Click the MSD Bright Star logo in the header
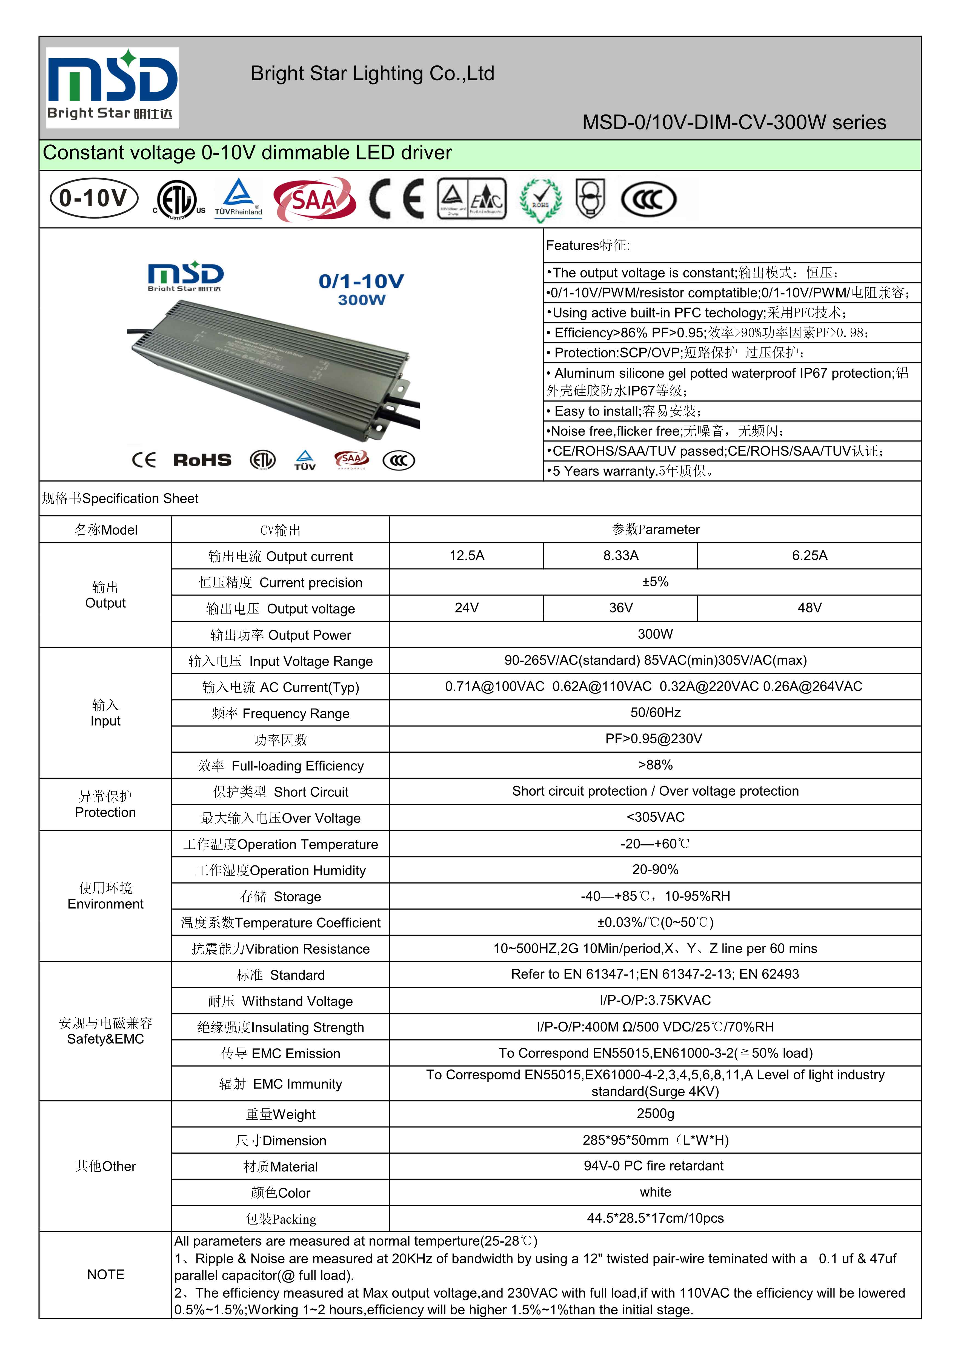[113, 88]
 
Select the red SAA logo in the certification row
[314, 199]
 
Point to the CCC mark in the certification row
[648, 199]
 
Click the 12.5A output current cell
[467, 555]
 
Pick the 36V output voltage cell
[620, 608]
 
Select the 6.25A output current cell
[810, 555]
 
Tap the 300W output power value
[655, 634]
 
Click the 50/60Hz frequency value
[655, 713]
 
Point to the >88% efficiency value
[655, 765]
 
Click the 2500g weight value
[655, 1113]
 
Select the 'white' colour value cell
[655, 1192]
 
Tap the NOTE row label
[105, 1274]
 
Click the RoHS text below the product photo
[202, 460]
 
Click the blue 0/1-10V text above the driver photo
[361, 281]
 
